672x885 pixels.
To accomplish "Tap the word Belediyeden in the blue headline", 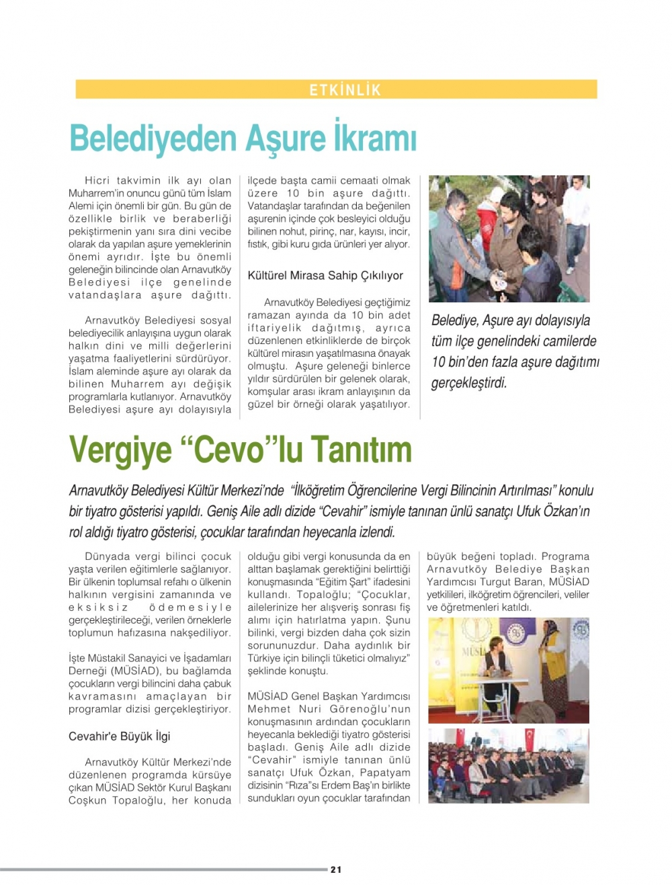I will (153, 138).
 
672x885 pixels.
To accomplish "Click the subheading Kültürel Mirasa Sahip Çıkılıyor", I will (325, 276).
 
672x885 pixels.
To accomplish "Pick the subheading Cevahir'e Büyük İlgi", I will (120, 736).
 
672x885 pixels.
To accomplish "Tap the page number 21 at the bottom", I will (336, 870).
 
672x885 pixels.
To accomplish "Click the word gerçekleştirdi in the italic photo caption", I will (469, 384).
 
